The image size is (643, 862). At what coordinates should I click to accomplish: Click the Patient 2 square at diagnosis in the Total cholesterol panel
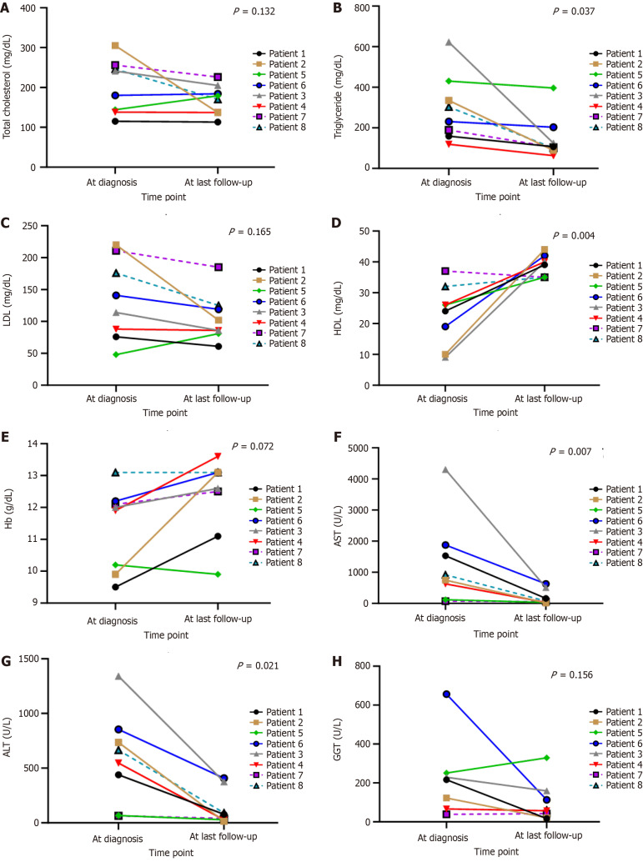(114, 46)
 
